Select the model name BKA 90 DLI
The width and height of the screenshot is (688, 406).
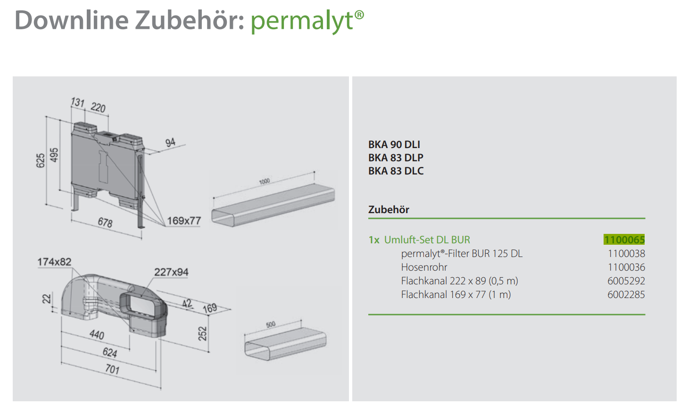coord(394,144)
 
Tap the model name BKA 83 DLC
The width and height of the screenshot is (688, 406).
coord(396,171)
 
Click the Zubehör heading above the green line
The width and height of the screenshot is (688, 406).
coord(389,209)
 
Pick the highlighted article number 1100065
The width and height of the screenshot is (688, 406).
coord(624,240)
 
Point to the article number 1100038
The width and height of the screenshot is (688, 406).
coord(626,254)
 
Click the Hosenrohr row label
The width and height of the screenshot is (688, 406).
coord(424,267)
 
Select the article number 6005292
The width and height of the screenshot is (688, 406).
coord(626,281)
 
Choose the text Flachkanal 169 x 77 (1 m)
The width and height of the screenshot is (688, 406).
coord(456,295)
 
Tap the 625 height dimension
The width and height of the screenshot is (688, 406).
coord(41,161)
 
